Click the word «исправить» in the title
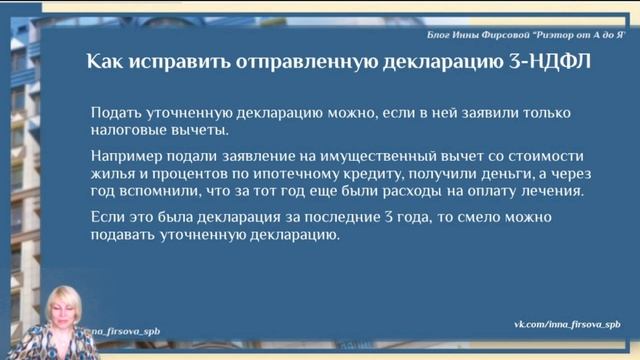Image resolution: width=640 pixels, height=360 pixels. point(183,62)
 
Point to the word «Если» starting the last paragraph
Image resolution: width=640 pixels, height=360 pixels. point(105,217)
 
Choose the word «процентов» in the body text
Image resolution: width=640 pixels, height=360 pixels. point(185,173)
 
